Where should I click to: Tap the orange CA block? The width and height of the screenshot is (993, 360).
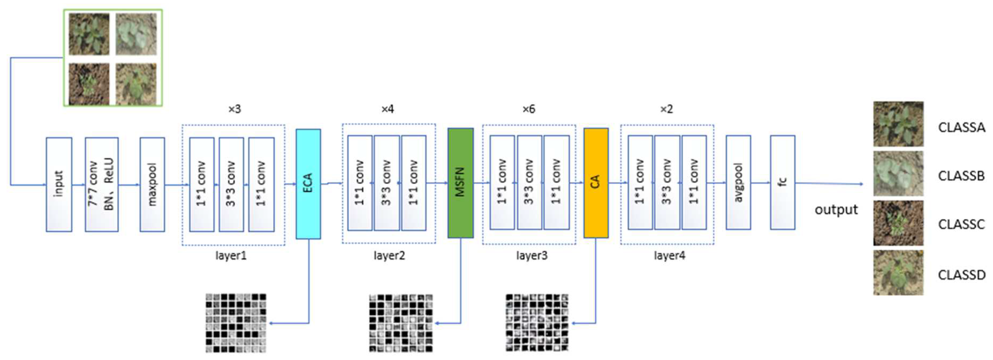(x=596, y=183)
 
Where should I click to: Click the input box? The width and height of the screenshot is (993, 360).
(x=59, y=184)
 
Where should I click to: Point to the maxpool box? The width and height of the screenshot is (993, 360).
(x=152, y=184)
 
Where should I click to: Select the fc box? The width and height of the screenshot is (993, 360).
(x=782, y=182)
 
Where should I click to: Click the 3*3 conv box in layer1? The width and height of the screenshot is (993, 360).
(x=231, y=184)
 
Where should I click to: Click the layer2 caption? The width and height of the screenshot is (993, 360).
(x=389, y=256)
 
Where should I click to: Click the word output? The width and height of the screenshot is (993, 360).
(x=836, y=210)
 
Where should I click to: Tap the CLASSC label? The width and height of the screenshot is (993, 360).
(x=961, y=224)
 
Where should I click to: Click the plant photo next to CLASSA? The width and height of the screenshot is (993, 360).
(x=898, y=124)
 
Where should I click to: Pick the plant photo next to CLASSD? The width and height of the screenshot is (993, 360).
(x=898, y=273)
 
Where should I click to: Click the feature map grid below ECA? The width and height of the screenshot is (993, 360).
(x=236, y=323)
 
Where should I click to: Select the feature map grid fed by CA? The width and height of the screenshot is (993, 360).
(x=537, y=323)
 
